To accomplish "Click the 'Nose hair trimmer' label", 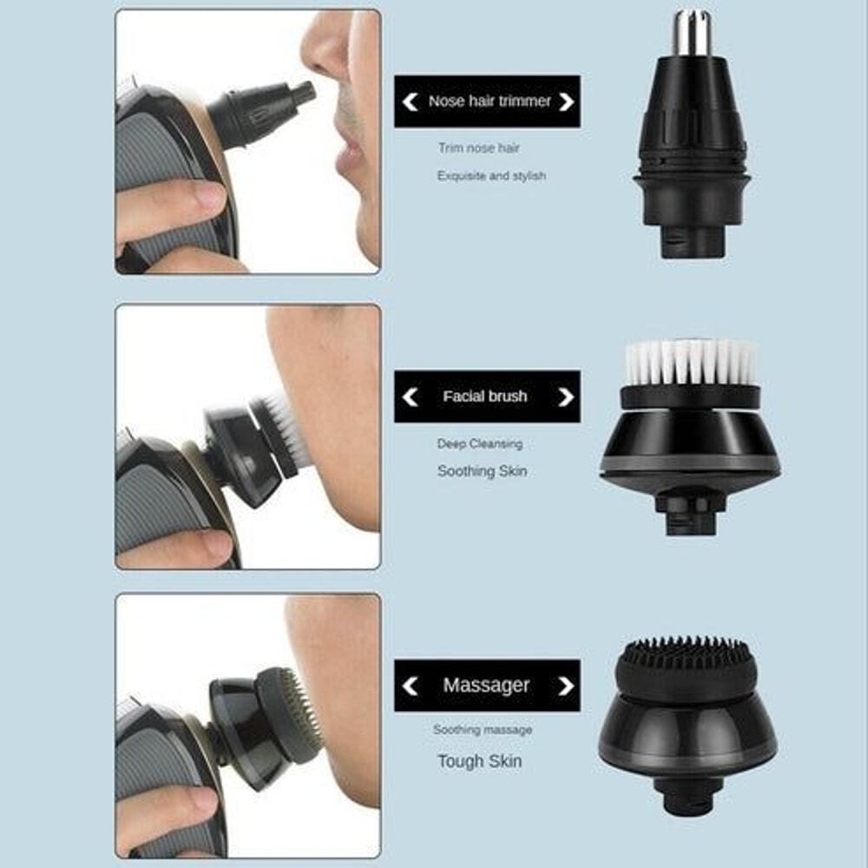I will [489, 102].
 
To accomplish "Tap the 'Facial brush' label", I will [484, 397].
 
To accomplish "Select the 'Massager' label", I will [486, 686].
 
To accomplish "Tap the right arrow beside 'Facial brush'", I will [566, 397].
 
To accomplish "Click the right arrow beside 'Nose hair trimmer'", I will [567, 102].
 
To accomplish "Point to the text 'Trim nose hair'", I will [478, 148].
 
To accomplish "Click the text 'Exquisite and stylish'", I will [491, 176].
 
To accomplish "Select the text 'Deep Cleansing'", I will [479, 444].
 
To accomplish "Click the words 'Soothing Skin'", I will [482, 471].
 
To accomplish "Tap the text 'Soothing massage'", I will [483, 730].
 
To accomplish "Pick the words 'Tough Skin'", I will [480, 761].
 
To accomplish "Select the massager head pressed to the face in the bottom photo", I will [286, 716].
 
